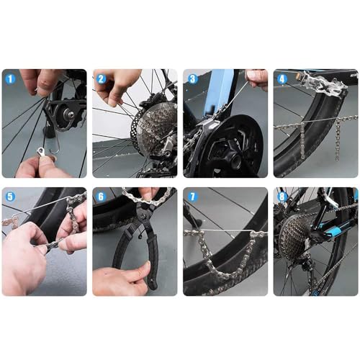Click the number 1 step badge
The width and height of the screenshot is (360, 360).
coord(9,78)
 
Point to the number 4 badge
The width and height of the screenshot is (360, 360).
coord(281,78)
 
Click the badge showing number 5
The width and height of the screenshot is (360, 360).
coord(9,196)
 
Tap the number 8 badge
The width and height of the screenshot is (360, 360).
coord(281,196)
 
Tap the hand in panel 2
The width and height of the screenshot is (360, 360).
coord(115,86)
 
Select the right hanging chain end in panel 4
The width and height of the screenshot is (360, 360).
coord(337,140)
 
